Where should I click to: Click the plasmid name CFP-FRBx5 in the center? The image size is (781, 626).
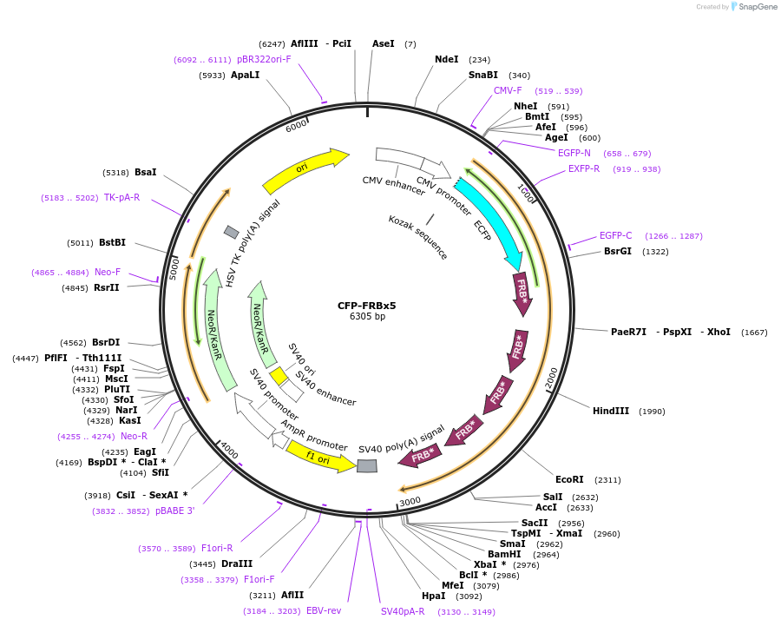pos(366,305)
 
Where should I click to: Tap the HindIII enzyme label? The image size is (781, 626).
pos(611,411)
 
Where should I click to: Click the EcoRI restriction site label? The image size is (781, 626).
pos(569,479)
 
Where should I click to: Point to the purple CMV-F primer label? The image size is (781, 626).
pos(508,90)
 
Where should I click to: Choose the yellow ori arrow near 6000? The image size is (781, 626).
pos(304,170)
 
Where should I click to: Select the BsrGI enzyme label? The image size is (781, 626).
pos(618,252)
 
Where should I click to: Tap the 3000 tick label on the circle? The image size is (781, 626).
pos(410,501)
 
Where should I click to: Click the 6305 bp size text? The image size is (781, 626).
pos(366,317)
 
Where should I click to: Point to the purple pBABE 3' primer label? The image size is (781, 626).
pos(174,511)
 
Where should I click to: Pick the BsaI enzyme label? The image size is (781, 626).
pos(145,172)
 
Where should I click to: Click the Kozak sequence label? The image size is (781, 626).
pos(418,236)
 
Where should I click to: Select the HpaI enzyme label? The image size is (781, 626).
pos(433,596)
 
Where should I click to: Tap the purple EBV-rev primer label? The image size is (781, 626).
pos(324,610)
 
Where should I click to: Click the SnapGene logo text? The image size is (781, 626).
pos(758,7)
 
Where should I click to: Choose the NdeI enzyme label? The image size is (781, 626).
pos(446,59)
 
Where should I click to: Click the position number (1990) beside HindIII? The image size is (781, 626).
pos(652,411)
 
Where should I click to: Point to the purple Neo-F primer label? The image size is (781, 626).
pos(108,272)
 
